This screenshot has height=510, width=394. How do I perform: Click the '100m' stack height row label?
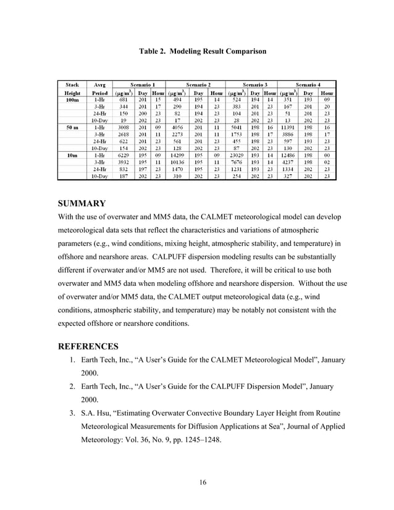coord(72,98)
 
